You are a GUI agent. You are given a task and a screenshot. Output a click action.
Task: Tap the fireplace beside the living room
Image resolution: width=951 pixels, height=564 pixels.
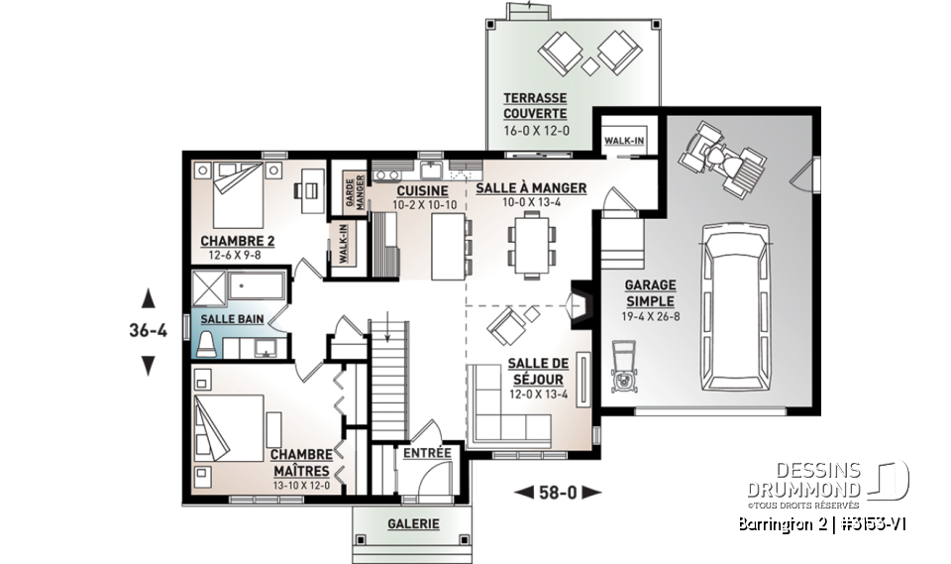click(x=579, y=306)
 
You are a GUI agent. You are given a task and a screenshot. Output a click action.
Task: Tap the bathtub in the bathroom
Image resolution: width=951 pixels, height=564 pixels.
click(x=257, y=288)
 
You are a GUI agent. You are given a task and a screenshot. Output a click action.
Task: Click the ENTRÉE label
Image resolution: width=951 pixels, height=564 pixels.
click(x=427, y=454)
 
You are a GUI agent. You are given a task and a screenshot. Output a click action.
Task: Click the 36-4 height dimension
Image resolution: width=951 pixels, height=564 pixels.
click(x=149, y=331)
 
